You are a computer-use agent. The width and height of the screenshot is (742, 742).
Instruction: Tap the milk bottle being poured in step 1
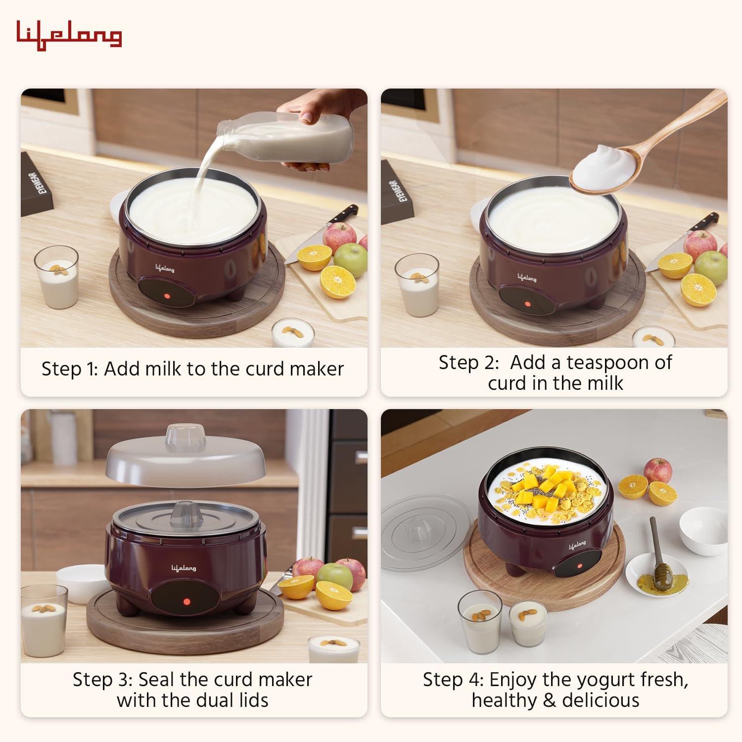point(292,141)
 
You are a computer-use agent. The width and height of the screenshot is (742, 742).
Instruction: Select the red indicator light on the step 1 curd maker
point(167,296)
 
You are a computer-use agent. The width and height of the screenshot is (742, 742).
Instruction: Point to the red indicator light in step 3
point(187,602)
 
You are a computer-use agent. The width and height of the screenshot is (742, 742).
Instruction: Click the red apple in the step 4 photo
point(657,470)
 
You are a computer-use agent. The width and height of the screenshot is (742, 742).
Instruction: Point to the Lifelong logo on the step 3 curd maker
point(184,568)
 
